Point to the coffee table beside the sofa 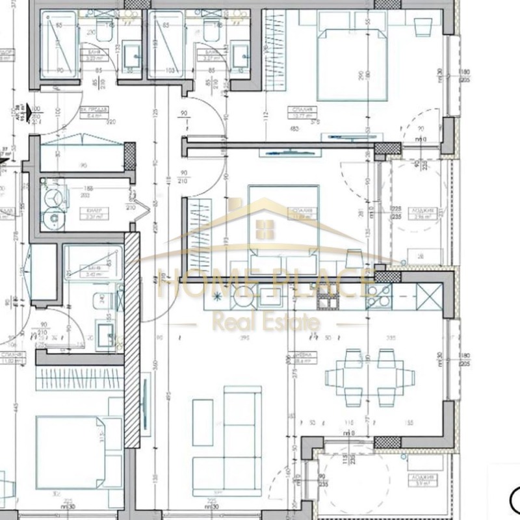(202, 422)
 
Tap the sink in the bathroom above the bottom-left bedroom (104, 333)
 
